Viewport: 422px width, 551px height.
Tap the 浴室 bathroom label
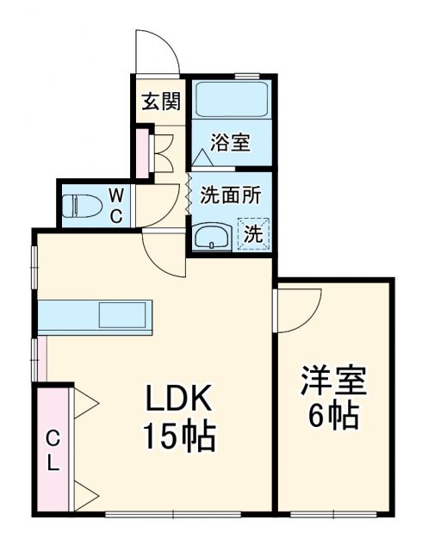(230, 142)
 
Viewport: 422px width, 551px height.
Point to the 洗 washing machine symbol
(253, 232)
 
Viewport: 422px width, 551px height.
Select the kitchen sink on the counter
(124, 314)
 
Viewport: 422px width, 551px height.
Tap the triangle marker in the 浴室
(203, 158)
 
